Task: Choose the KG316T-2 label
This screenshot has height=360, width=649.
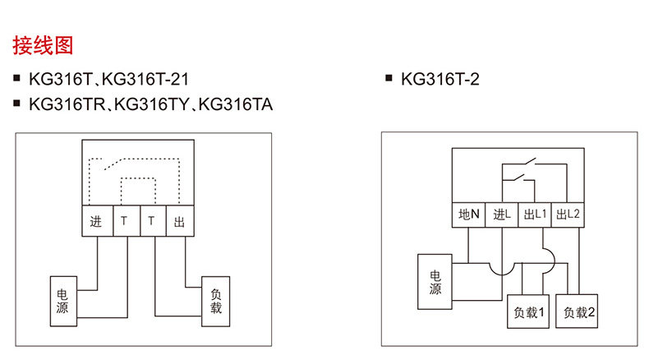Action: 440,80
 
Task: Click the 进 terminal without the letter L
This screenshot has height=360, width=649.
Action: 95,221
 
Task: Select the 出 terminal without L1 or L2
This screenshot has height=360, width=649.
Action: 179,221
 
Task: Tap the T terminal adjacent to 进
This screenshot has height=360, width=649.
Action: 124,221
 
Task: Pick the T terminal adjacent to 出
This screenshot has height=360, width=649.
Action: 151,221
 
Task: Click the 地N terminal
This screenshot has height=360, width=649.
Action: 468,215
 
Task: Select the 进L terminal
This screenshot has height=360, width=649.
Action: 501,215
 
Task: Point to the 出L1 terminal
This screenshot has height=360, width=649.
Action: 534,215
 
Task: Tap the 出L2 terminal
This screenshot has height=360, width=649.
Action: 568,215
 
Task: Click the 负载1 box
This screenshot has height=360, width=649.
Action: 529,312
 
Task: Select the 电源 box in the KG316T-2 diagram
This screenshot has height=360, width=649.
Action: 435,283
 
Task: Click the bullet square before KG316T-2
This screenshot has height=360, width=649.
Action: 389,79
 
